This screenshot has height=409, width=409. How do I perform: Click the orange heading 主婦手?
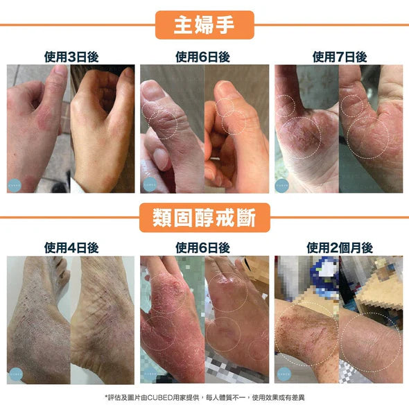pyautogui.click(x=204, y=24)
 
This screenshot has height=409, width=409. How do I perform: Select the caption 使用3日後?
pyautogui.click(x=71, y=57)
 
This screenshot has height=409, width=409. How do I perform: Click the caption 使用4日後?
pyautogui.click(x=71, y=247)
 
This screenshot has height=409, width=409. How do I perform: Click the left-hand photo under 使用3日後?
pyautogui.click(x=38, y=128)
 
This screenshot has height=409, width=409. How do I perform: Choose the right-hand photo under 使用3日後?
pyautogui.click(x=103, y=128)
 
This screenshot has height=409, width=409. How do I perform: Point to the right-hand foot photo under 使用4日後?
pyautogui.click(x=103, y=319)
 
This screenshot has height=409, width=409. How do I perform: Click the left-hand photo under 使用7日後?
pyautogui.click(x=306, y=128)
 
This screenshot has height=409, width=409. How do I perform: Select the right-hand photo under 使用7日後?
pyautogui.click(x=371, y=128)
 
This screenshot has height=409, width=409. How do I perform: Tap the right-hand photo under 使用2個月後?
pyautogui.click(x=371, y=319)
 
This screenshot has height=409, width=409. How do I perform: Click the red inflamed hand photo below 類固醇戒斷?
pyautogui.click(x=171, y=319)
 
